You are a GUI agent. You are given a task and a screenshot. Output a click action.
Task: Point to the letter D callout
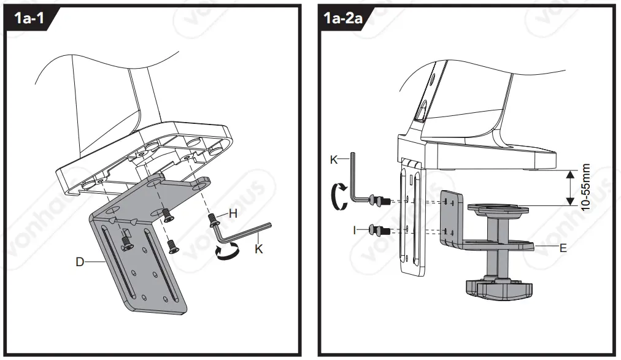coord(80,262)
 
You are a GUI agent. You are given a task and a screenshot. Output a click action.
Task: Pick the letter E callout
coord(563,249)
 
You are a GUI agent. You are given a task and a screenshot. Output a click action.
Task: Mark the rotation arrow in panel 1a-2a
coord(336,199)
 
